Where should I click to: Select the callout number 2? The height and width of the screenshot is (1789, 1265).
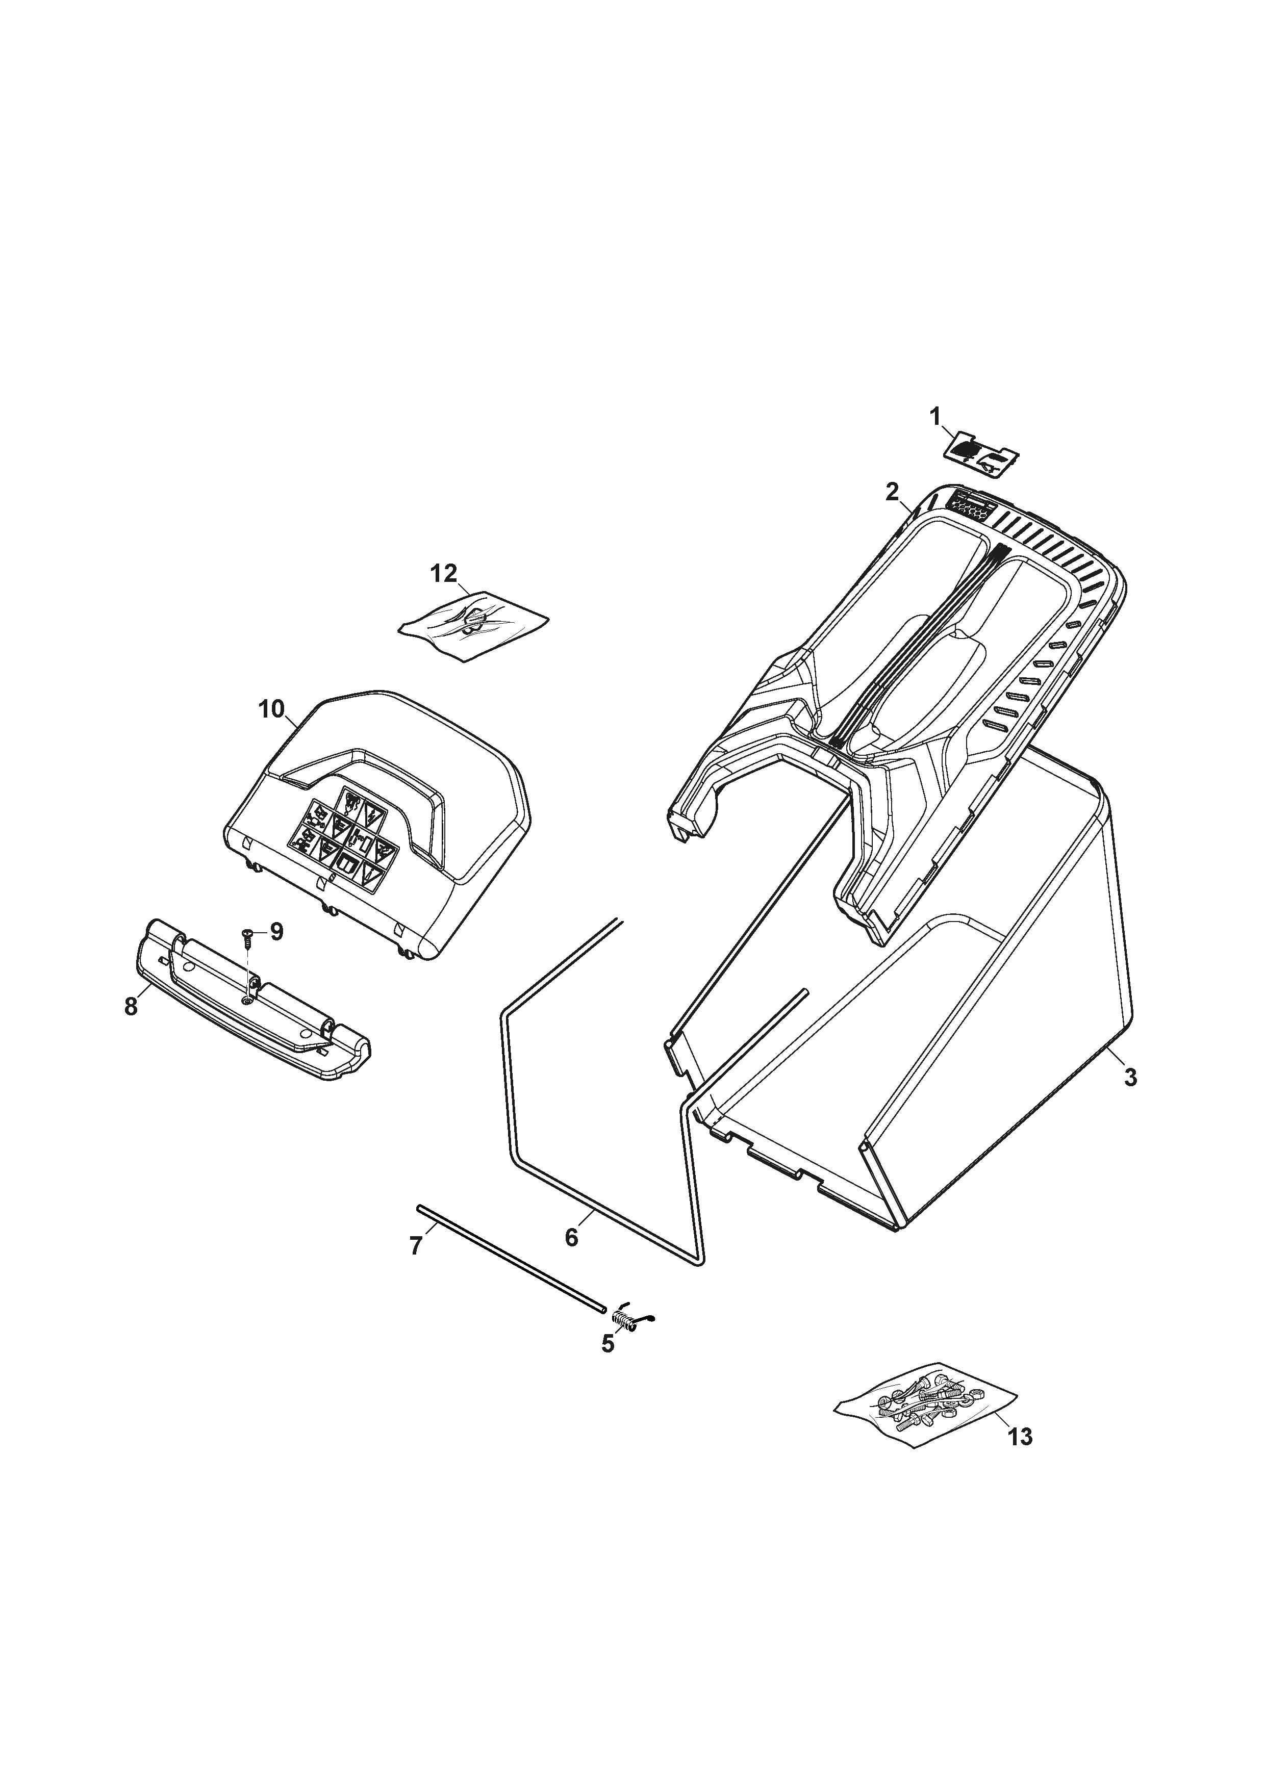click(x=893, y=492)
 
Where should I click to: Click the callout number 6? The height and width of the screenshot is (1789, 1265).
click(x=571, y=1237)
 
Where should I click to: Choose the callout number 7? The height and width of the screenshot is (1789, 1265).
click(x=416, y=1247)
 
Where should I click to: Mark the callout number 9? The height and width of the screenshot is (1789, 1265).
click(x=276, y=932)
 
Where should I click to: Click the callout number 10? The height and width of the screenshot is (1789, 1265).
click(x=272, y=710)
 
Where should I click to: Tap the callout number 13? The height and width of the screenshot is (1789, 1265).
click(x=1020, y=1436)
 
